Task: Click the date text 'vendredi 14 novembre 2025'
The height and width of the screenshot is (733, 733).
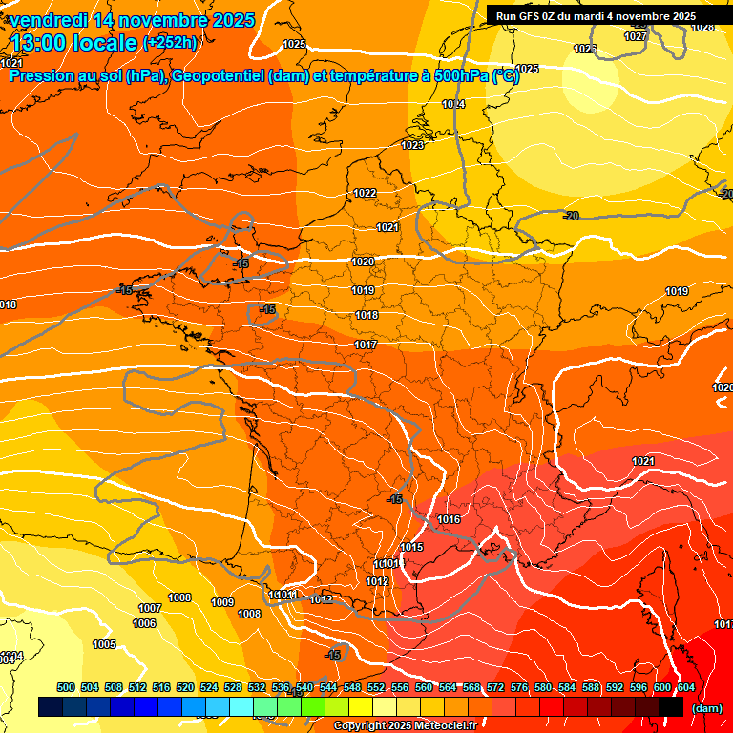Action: tap(132, 20)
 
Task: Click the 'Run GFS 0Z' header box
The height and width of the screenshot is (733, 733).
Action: tap(596, 16)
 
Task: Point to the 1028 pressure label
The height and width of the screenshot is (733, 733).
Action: tap(702, 27)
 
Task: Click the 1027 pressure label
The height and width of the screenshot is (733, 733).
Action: tap(635, 36)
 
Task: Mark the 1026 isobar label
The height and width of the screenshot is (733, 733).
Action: tap(585, 49)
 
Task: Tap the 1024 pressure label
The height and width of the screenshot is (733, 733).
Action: tap(453, 104)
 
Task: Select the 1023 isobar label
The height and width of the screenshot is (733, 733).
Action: tap(412, 145)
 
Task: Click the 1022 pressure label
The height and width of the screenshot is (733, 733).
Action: tap(365, 193)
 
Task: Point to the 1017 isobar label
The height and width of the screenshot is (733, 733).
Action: tap(366, 345)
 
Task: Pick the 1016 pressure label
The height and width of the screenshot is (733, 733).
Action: tap(449, 519)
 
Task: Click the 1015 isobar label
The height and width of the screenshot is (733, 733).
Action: tap(411, 547)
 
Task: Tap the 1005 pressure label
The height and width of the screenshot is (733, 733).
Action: tap(104, 644)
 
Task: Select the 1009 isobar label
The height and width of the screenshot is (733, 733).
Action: tap(222, 602)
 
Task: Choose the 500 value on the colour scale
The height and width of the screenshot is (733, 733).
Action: tap(66, 687)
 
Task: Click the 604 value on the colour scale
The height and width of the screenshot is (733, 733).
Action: tap(685, 687)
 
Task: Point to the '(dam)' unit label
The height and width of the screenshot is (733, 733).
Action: tap(706, 708)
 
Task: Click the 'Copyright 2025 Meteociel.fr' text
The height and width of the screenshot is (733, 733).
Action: tap(405, 725)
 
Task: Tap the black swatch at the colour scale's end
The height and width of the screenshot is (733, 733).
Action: tap(671, 707)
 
